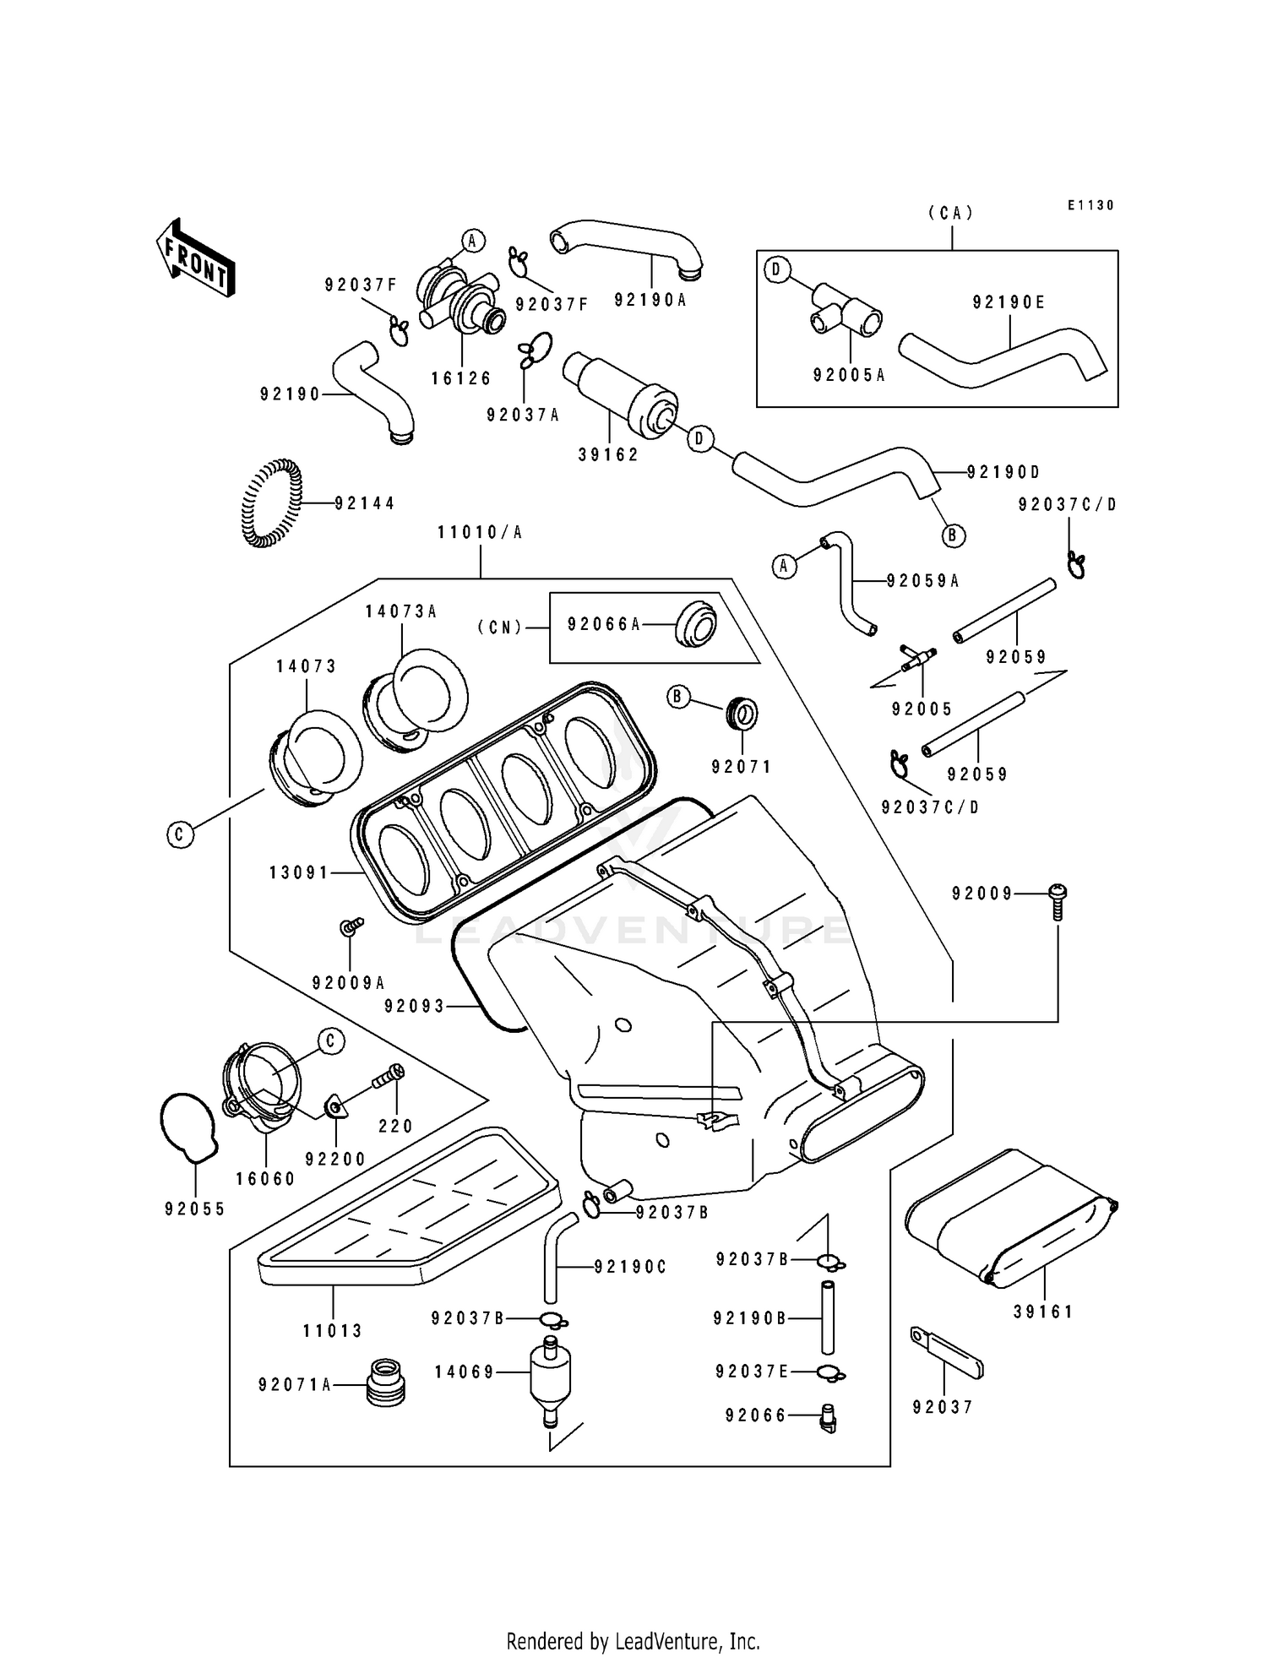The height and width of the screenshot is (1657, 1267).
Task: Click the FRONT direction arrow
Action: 195,258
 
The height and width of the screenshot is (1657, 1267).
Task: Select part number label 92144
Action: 364,503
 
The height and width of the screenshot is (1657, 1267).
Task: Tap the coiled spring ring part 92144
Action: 270,503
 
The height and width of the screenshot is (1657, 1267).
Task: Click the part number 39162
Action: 608,454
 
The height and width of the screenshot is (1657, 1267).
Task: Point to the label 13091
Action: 299,872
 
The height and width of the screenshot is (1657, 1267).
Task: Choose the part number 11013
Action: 333,1331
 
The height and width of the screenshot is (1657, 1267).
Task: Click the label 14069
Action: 465,1372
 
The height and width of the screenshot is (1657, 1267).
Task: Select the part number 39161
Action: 1043,1312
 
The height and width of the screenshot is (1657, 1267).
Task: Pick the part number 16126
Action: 461,378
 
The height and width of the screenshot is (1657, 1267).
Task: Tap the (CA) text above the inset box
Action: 951,214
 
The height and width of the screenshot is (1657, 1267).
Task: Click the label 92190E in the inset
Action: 1009,302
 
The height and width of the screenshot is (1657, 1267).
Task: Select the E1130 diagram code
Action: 1090,205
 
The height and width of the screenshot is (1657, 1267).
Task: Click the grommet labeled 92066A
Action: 694,624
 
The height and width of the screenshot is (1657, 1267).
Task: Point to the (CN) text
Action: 500,627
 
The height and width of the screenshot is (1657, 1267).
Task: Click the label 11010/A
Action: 480,533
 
